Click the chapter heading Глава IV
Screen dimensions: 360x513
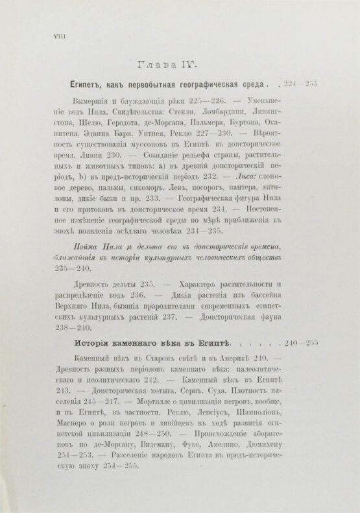pos(168,65)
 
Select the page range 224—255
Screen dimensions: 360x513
pos(298,84)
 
